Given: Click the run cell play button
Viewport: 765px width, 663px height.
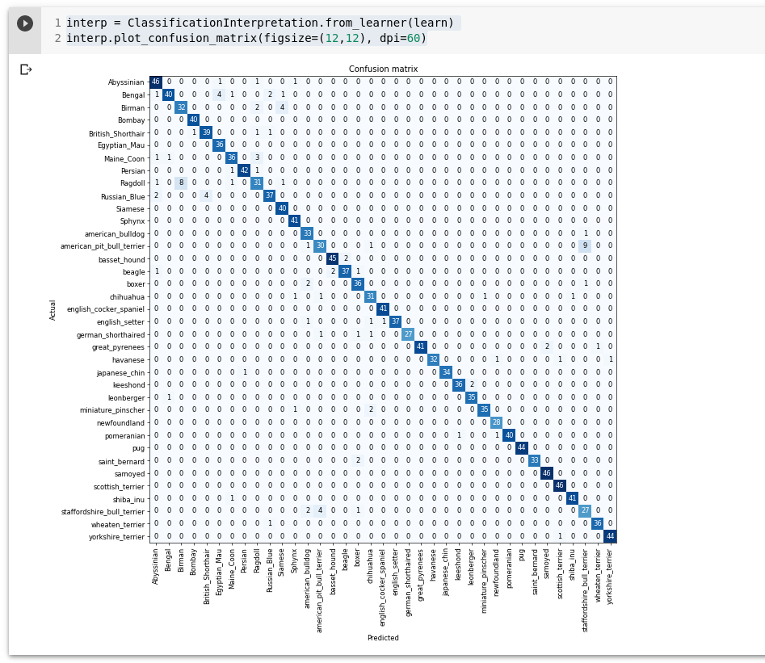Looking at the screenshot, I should [25, 23].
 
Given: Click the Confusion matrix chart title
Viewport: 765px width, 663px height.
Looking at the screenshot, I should [383, 69].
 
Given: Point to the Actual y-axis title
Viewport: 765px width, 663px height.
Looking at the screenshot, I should [53, 310].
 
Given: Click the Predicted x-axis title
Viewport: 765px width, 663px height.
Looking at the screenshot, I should [383, 638].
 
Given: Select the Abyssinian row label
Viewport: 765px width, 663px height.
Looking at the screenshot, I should [126, 82].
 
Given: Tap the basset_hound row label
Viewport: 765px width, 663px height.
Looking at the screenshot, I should [122, 258].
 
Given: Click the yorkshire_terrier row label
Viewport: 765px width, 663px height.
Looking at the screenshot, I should [119, 536].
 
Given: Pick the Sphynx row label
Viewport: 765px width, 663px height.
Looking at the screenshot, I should [132, 220].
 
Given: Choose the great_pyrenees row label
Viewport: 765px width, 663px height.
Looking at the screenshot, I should [118, 347].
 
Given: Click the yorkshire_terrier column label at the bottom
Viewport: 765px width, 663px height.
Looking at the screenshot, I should [610, 575].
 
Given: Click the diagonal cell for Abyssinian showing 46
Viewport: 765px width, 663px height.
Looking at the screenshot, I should [156, 82].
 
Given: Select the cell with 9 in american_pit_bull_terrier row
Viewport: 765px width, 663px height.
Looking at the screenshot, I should [585, 245].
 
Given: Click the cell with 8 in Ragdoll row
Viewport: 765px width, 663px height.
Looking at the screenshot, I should [181, 183].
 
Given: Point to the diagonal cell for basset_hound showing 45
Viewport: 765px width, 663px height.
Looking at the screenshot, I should [332, 258].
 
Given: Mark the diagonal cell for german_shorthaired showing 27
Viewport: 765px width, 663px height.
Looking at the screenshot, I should [408, 334].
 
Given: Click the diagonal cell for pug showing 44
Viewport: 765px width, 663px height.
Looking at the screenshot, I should [522, 447].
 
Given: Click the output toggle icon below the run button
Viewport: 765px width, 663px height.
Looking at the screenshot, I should [26, 69].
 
